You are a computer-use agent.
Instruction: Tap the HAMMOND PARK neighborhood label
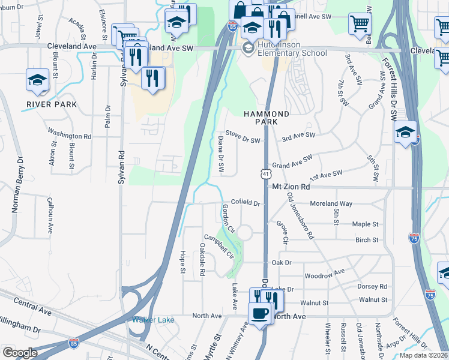[x=267, y=118]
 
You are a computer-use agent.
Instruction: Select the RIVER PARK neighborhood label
[x=52, y=104]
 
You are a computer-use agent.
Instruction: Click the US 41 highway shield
[x=265, y=173]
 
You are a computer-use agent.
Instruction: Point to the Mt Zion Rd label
[x=291, y=187]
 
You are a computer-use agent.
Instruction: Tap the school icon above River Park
[x=37, y=81]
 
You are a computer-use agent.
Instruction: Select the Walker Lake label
[x=153, y=320]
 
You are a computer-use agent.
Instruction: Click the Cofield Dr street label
[x=245, y=203]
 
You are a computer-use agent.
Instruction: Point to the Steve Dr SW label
[x=243, y=140]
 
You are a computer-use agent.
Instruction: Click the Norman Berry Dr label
[x=17, y=185]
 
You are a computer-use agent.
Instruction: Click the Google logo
[x=20, y=353]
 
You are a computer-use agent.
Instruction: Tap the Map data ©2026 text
[x=423, y=355]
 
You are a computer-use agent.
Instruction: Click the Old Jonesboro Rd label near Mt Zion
[x=300, y=216]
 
